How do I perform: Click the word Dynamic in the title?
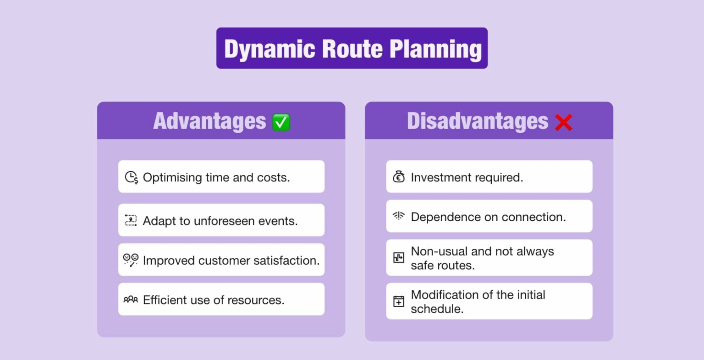[269, 49]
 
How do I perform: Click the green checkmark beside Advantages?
[281, 122]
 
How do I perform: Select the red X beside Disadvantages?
[563, 122]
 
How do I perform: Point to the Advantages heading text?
[209, 121]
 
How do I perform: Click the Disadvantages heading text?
[477, 121]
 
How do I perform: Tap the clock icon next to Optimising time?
[131, 177]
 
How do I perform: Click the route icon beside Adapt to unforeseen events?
[131, 220]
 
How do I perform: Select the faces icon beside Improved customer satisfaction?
[131, 260]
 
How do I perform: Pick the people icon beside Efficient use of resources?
[131, 300]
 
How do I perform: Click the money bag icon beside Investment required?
[399, 177]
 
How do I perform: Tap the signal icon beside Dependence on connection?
[399, 216]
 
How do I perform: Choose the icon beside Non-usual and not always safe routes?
[399, 258]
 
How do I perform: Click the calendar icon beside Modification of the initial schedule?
[399, 301]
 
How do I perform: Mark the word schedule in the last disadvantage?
[437, 309]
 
